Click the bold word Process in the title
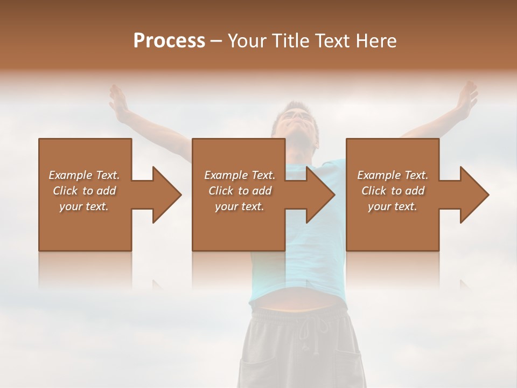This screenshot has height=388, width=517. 169,41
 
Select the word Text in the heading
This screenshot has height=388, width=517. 333,41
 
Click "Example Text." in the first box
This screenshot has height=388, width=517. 84,175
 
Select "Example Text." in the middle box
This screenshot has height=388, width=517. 240,175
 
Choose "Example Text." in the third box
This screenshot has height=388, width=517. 393,175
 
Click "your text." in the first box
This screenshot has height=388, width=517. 84,206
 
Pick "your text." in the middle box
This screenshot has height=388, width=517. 240,206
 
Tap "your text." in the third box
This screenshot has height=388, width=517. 393,206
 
